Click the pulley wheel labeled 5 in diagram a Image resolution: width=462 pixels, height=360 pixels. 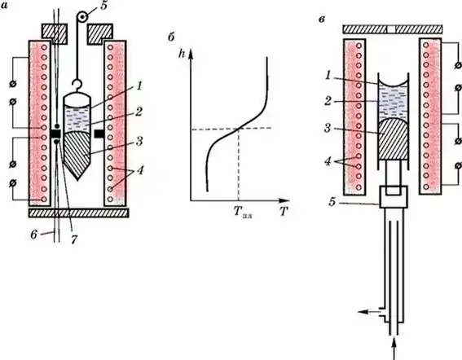82,17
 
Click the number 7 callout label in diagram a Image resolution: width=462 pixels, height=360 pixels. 73,239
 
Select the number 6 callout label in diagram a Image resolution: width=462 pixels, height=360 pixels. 34,235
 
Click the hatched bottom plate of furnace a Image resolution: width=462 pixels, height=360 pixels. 79,213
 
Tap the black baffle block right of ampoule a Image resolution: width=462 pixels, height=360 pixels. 99,134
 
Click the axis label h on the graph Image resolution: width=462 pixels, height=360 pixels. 182,55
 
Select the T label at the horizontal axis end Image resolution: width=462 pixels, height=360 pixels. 284,211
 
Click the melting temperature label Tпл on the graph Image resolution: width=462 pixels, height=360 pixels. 243,212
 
